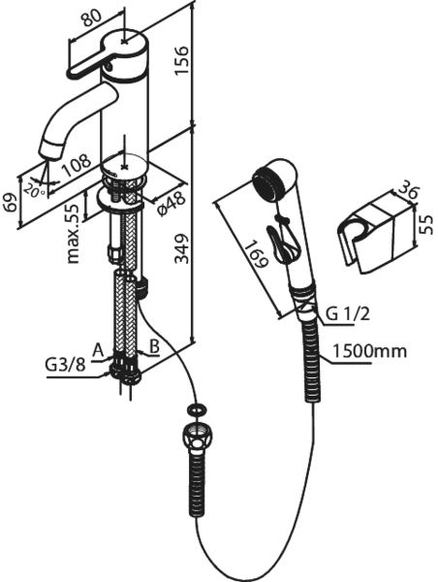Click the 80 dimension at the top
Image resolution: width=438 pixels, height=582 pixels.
pyautogui.click(x=91, y=17)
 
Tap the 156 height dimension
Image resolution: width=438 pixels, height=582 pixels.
pyautogui.click(x=182, y=60)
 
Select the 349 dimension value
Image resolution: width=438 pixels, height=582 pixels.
pyautogui.click(x=182, y=248)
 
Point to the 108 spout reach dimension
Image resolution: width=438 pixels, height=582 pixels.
pyautogui.click(x=76, y=165)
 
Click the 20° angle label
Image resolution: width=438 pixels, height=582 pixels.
pyautogui.click(x=35, y=190)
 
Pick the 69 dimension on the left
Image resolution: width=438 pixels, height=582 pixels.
pyautogui.click(x=11, y=203)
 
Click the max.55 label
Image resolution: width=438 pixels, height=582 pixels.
pyautogui.click(x=73, y=234)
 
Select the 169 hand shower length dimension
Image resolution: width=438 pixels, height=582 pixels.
pyautogui.click(x=256, y=254)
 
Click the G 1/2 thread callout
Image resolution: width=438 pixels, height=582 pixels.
pyautogui.click(x=348, y=314)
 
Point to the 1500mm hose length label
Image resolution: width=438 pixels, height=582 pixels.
pyautogui.click(x=369, y=351)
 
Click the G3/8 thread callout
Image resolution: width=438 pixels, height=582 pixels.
pyautogui.click(x=65, y=365)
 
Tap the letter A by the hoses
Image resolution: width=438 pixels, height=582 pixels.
pyautogui.click(x=98, y=350)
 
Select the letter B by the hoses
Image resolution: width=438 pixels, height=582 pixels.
pyautogui.click(x=154, y=346)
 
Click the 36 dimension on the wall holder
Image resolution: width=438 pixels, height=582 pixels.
pyautogui.click(x=408, y=191)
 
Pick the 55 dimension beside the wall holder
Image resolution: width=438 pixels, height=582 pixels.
pyautogui.click(x=427, y=225)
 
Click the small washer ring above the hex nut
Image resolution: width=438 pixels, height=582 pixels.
pyautogui.click(x=196, y=410)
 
